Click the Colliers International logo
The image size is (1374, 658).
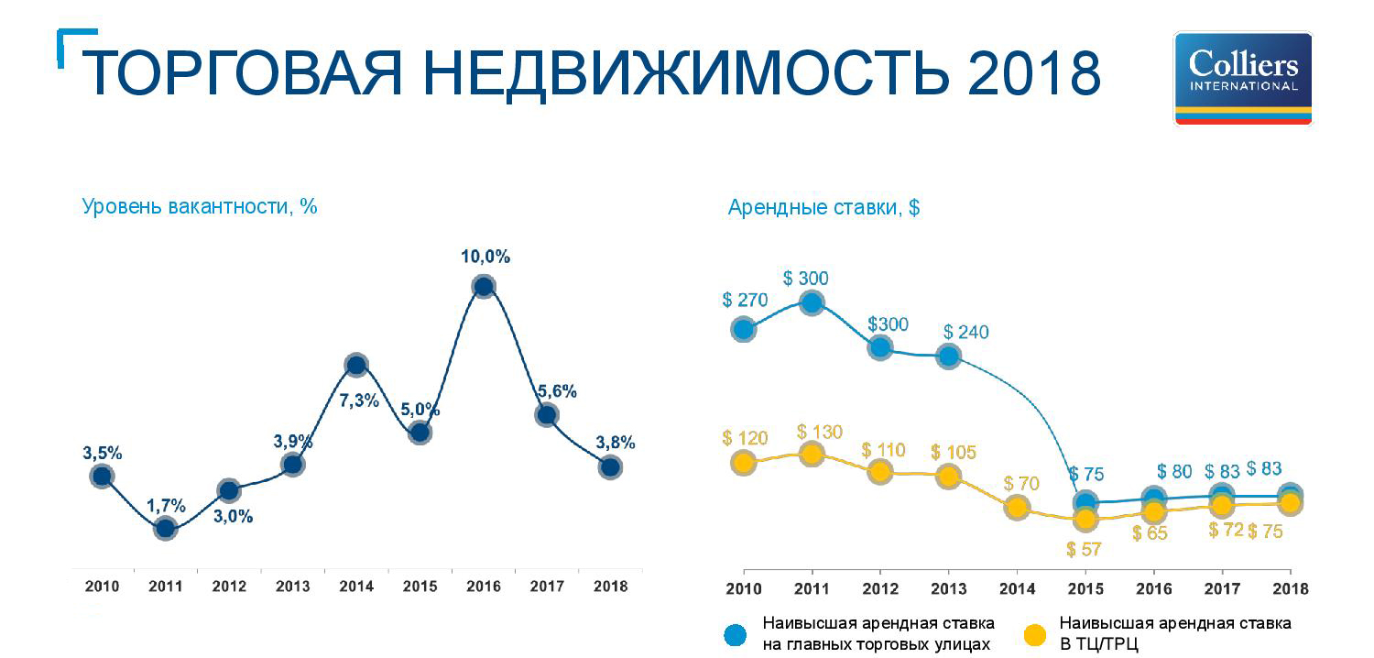click(1243, 78)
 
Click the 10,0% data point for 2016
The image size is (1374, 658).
click(484, 287)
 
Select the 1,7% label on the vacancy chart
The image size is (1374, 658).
click(166, 505)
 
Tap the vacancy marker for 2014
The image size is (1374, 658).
click(356, 365)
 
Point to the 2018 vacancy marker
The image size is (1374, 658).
click(610, 467)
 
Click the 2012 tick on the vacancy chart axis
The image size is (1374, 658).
click(229, 587)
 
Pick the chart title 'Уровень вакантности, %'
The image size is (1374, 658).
click(200, 206)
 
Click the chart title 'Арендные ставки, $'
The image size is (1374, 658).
click(823, 207)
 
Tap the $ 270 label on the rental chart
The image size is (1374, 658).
click(745, 300)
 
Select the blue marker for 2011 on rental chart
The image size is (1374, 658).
click(812, 302)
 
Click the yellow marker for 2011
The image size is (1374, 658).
click(812, 454)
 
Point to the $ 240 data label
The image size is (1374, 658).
click(966, 332)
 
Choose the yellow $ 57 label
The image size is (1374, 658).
click(1085, 549)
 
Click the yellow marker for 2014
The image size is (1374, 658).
click(1016, 507)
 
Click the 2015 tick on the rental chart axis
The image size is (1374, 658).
click(1085, 587)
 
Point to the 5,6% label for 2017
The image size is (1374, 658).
click(557, 391)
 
